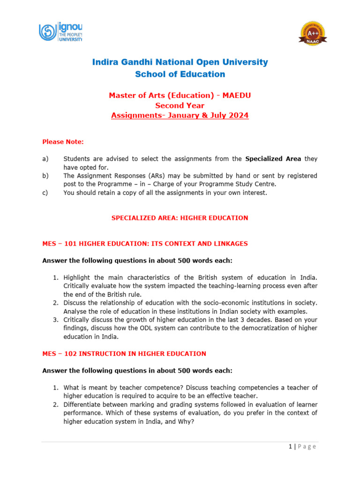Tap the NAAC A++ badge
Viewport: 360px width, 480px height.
tap(313, 34)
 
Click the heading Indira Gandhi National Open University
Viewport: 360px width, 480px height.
tap(180, 62)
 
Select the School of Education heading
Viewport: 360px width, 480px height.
tap(180, 74)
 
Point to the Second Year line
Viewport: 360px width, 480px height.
tap(180, 105)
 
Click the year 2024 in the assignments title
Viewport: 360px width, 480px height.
tap(238, 115)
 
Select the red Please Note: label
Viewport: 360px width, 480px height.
tap(63, 142)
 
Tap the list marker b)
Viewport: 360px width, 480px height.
tap(45, 176)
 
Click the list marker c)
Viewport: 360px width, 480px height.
tap(45, 193)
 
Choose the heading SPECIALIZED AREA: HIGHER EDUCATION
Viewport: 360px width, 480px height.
tap(180, 218)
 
